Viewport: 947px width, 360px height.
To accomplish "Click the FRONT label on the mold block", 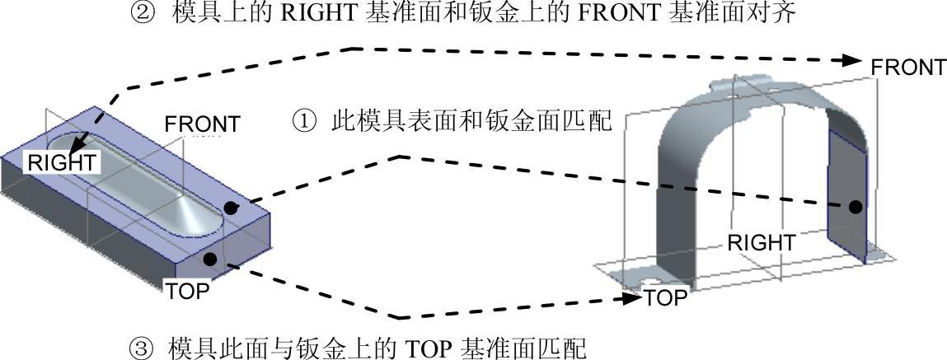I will click(202, 124).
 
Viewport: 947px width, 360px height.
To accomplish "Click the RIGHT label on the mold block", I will click(62, 162).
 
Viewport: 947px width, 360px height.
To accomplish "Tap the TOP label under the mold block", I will click(188, 292).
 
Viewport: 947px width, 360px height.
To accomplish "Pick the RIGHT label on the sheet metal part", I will click(761, 243).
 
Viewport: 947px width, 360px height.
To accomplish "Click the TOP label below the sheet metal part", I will click(665, 297).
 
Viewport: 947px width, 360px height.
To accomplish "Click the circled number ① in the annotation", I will click(304, 123).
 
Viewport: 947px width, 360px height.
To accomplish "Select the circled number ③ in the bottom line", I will click(143, 344).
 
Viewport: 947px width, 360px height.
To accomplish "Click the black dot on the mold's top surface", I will click(232, 208).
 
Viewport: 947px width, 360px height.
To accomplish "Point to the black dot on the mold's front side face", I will click(210, 259).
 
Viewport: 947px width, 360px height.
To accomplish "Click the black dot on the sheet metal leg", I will click(856, 207).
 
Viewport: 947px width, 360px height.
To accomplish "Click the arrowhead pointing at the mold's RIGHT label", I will click(80, 147).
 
